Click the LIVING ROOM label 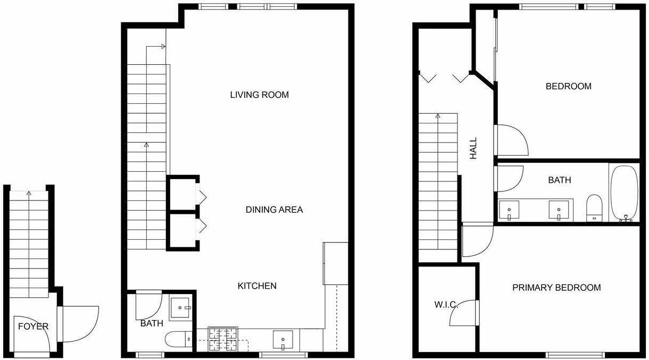[x=259, y=95]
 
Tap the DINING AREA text [x=274, y=210]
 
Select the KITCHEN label [x=257, y=286]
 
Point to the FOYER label [x=33, y=326]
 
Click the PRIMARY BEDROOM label [x=556, y=288]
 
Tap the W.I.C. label [x=446, y=304]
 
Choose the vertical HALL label [x=473, y=148]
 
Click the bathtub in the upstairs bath [x=625, y=194]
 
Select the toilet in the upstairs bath [x=594, y=208]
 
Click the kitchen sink [x=283, y=339]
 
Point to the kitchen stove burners [x=223, y=339]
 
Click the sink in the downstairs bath [x=181, y=307]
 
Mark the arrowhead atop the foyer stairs [x=29, y=193]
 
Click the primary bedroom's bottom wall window [x=575, y=355]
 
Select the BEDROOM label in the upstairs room [x=569, y=86]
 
